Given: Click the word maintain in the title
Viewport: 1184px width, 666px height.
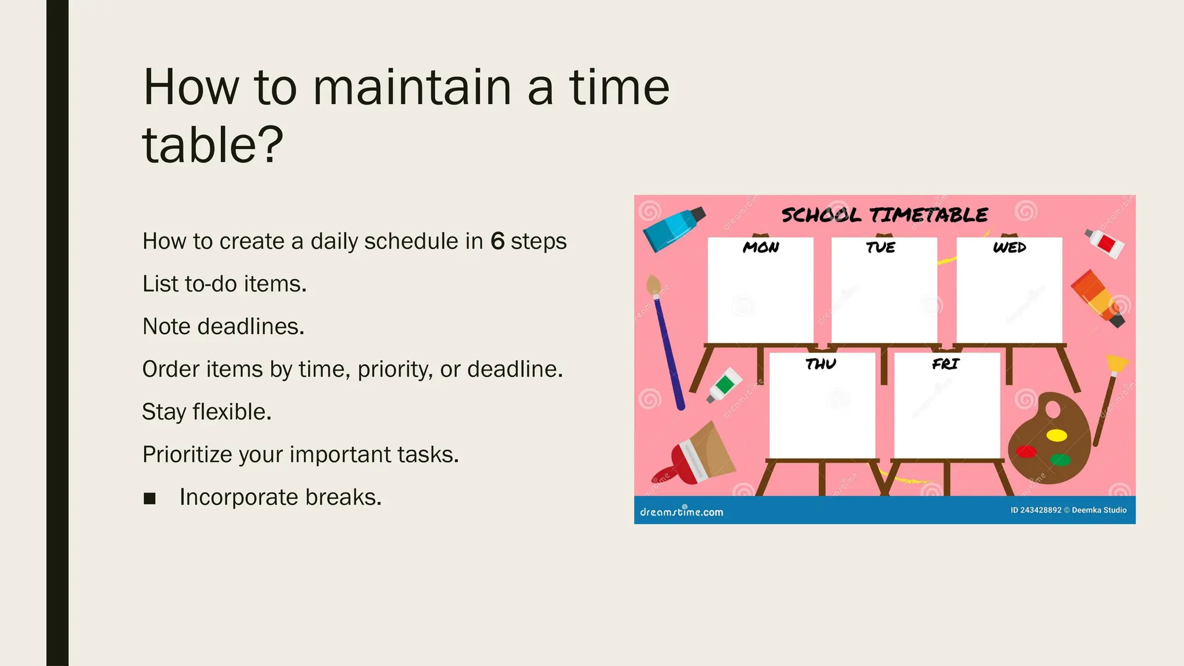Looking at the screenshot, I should pos(412,88).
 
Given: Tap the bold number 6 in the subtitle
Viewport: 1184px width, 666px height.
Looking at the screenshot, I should pos(497,241).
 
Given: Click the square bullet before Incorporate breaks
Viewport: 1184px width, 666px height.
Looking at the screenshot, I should pos(150,498).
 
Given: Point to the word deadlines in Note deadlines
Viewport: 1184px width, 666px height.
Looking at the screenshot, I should pos(250,327).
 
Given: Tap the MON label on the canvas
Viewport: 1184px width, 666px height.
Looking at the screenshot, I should pos(761,247).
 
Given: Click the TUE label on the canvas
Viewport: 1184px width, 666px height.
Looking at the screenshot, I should pos(880,247).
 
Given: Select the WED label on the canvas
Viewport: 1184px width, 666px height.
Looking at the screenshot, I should pos(1009,247).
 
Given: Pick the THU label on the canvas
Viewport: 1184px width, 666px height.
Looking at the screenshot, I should pos(821,364).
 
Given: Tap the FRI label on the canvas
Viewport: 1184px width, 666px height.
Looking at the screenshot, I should pos(945,364).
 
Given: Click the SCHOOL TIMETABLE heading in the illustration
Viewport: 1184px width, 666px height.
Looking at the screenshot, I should pos(885,215).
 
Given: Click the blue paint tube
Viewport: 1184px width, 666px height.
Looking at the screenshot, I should pos(673,229).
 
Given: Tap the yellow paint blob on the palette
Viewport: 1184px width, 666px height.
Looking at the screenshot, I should pos(1057,435).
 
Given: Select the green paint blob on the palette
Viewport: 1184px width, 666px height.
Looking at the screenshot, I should pos(1060,460).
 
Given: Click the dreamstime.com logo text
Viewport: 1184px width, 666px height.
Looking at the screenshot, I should pos(681,512).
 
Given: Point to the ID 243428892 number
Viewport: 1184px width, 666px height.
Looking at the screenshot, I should pos(1036,510).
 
